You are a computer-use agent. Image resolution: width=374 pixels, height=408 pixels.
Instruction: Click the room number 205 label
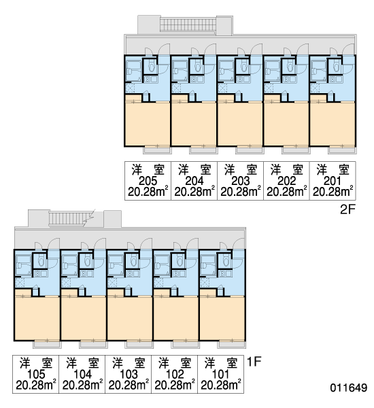(148, 181)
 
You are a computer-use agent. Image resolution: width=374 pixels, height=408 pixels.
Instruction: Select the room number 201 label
(333, 181)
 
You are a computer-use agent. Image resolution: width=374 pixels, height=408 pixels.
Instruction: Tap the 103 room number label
(129, 374)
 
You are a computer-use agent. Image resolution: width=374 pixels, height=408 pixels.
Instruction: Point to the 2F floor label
(347, 209)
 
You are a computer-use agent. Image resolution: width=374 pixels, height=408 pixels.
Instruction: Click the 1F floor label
(254, 362)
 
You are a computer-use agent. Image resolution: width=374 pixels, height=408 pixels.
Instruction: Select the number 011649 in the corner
(348, 388)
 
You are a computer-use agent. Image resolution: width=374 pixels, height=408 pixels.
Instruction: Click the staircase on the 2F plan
(188, 24)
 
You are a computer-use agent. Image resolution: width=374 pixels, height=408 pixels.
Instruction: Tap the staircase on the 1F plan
(69, 218)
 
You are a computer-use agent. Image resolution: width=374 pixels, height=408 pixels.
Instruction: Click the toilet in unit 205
(151, 67)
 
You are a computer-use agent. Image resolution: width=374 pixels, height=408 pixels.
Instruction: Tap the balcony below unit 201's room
(342, 150)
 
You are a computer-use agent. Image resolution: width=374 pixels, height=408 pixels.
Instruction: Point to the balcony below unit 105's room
(47, 344)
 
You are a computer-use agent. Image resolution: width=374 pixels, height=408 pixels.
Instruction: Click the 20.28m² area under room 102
(174, 385)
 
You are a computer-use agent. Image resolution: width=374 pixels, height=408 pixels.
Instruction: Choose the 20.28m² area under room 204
(194, 192)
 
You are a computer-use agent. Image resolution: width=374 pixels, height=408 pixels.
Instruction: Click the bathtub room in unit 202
(272, 71)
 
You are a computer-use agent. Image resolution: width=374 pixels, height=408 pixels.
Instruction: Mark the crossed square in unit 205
(130, 88)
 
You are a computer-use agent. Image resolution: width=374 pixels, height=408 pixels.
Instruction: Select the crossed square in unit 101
(204, 282)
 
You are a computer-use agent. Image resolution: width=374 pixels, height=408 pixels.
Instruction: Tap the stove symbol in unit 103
(130, 273)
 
